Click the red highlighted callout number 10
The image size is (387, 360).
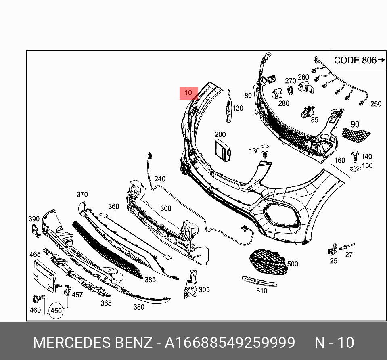coord(188,93)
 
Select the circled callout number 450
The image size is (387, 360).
coord(56,311)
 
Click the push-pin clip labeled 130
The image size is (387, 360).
coord(265,151)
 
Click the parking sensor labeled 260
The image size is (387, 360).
coord(305,86)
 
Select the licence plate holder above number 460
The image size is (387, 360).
coord(44,275)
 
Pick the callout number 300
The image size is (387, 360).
coord(166,209)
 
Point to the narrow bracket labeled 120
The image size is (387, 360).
coord(228,106)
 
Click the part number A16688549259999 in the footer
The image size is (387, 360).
coord(229,343)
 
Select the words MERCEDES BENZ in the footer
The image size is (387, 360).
coord(92,343)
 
